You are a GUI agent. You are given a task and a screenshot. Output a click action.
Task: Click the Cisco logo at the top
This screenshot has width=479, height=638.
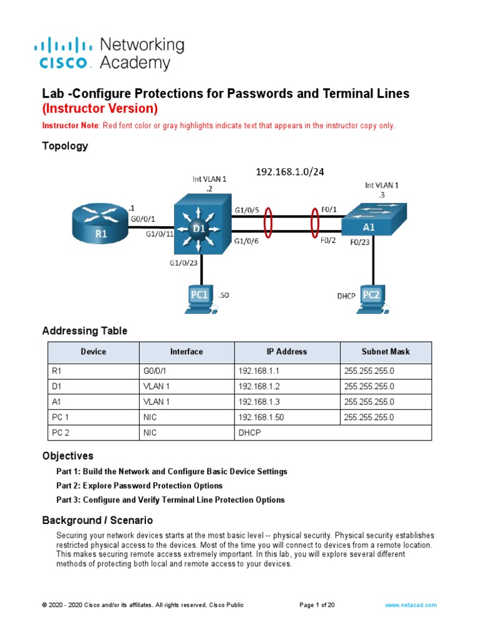point(65,54)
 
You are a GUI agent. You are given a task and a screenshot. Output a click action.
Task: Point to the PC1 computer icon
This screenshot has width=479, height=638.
point(199,297)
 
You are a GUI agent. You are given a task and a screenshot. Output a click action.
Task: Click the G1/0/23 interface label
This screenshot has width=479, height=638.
point(183,263)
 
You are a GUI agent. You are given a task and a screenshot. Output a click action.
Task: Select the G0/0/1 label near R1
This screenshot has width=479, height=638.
point(143,219)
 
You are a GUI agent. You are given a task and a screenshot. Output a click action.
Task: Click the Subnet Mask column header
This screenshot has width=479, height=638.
point(385,352)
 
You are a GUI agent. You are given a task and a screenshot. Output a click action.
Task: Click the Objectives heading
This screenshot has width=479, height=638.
point(67,456)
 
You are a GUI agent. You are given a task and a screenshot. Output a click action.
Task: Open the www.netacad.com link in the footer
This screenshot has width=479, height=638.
point(410,605)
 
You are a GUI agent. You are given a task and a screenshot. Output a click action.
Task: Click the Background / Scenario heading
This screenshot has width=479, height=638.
point(97,520)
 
